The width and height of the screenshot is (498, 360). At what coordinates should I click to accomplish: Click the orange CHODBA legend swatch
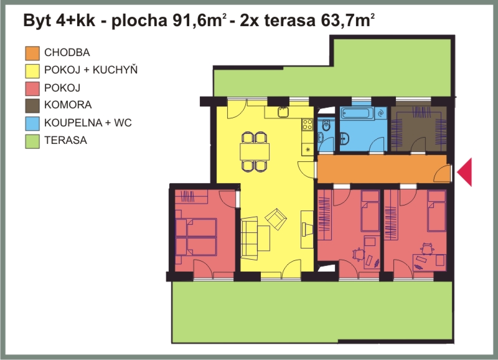pos(32,53)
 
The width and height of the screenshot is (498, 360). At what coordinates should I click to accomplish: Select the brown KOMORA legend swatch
pos(32,106)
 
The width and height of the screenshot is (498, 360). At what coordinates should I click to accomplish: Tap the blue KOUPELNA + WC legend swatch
pos(32,123)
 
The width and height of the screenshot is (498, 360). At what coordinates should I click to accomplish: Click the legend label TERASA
pos(65,140)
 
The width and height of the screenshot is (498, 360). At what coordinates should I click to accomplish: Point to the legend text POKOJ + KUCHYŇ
pos(91,70)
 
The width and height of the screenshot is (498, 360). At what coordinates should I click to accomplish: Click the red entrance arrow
pos(464,172)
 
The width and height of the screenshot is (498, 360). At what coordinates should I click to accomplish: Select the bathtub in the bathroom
pos(358,114)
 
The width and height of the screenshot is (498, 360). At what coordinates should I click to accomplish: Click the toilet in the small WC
pos(326,126)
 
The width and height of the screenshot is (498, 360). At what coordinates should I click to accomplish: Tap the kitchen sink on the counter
pos(283,112)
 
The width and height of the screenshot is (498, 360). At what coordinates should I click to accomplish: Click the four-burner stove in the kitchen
pos(308,124)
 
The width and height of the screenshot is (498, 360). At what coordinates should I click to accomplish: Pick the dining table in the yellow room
pos(255,151)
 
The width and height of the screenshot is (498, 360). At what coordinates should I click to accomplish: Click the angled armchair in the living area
pos(276,219)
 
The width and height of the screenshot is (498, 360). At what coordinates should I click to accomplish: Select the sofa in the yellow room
pos(250,238)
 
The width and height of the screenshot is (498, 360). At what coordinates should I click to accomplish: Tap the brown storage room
pos(418,129)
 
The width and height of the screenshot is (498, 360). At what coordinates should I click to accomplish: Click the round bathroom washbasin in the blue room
pos(345,139)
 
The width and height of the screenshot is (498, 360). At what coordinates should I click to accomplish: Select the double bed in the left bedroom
pos(196,237)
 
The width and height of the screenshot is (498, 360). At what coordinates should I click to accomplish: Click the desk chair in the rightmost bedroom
pos(427,249)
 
